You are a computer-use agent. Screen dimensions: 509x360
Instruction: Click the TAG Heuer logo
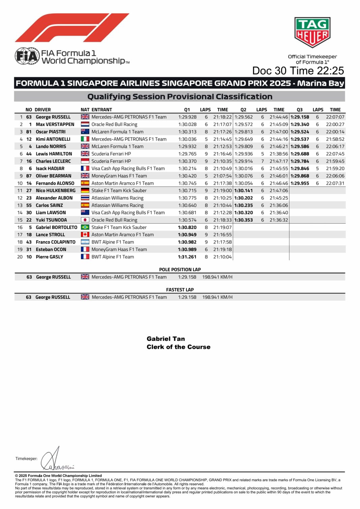coord(312,33)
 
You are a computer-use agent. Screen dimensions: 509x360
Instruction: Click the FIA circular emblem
coord(27,56)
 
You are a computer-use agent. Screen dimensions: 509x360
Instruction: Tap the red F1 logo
coord(72,28)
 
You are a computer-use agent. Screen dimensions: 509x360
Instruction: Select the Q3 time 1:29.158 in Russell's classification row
coord(300,117)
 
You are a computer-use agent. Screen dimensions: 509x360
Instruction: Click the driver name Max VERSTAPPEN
coord(55,124)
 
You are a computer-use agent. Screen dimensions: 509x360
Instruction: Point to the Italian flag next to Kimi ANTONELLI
coord(85,139)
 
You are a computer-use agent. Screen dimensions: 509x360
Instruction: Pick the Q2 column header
coord(243,109)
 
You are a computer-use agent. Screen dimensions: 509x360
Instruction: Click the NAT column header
coord(85,109)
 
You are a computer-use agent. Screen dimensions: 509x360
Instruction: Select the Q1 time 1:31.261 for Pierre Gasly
coord(187,257)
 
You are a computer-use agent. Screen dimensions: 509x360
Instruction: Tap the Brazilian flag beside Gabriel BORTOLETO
coord(85,227)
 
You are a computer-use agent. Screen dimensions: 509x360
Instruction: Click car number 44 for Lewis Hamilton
coord(29,154)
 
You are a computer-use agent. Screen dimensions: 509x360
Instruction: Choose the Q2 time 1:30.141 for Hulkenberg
coord(243,191)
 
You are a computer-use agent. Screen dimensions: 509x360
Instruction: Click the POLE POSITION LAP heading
coord(180,269)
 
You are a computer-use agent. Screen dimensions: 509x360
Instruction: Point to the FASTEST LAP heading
coord(180,290)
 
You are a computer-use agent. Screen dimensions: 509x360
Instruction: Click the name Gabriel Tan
coord(166,339)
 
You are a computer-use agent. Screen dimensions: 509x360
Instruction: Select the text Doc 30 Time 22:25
coord(298,71)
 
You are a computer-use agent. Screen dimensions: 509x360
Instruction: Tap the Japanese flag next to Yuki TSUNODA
coord(85,220)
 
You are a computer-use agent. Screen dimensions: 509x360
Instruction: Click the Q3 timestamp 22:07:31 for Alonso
coord(335,183)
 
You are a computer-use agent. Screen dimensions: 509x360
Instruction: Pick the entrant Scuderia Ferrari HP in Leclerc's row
coord(111,161)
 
